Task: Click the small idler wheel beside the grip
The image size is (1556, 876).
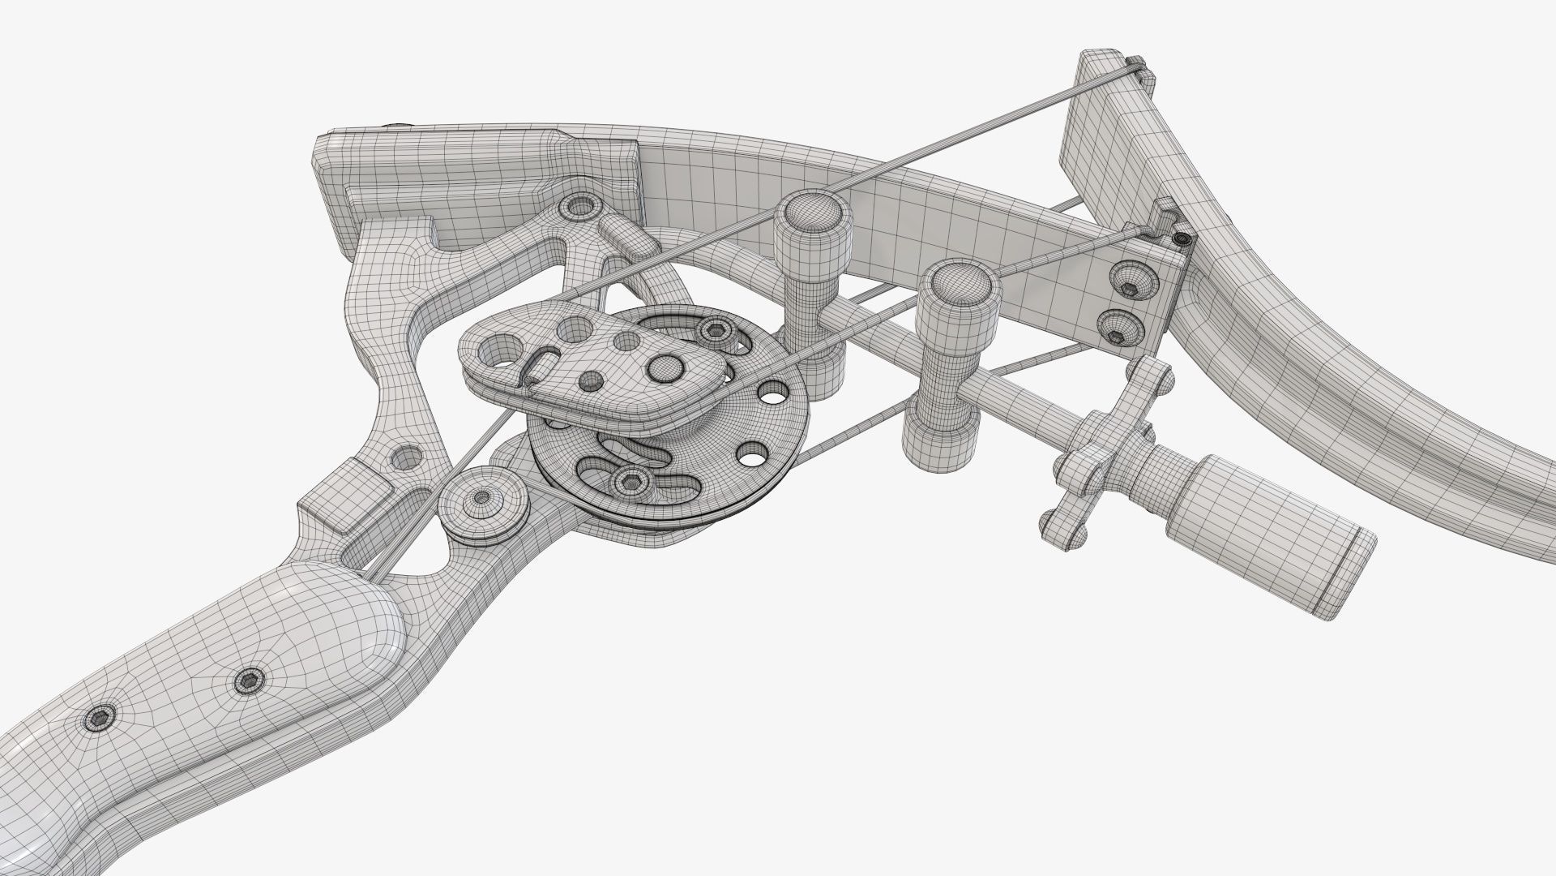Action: [x=483, y=498]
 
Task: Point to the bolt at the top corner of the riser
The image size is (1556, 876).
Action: [x=580, y=206]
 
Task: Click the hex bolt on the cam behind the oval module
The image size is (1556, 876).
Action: [x=714, y=329]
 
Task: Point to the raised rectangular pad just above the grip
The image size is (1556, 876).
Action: [x=346, y=496]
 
